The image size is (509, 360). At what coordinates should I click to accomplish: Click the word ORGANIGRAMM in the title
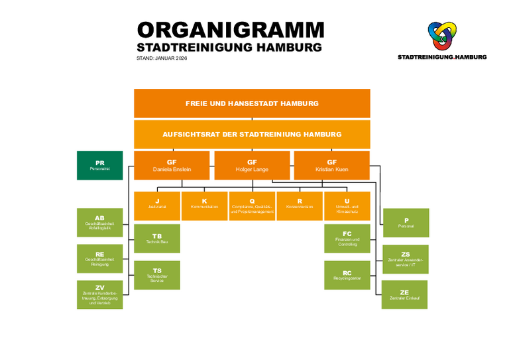click(230, 30)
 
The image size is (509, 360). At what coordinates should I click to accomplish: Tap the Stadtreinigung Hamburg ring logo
click(441, 36)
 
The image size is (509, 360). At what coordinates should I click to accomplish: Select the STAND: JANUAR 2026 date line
click(162, 58)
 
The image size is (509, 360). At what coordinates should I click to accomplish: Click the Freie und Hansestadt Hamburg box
click(252, 103)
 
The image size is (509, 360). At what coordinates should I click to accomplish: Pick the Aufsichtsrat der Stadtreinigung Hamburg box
click(252, 134)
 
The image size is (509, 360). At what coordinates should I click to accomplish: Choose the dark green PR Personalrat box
click(99, 165)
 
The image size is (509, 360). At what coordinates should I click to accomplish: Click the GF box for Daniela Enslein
click(172, 165)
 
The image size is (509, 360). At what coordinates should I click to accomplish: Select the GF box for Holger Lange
click(252, 165)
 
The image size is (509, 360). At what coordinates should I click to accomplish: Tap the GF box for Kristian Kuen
click(331, 165)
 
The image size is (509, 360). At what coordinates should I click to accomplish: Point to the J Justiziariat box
click(157, 206)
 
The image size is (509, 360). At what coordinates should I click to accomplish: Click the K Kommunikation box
click(204, 206)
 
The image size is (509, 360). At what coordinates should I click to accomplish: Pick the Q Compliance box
click(252, 206)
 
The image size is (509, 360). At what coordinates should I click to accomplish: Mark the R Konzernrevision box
click(300, 206)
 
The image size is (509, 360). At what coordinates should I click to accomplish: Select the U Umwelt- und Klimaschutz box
click(347, 206)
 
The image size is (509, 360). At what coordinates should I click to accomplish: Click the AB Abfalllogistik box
click(99, 223)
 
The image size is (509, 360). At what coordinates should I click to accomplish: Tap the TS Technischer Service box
click(157, 274)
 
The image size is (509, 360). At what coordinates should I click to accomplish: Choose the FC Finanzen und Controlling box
click(347, 238)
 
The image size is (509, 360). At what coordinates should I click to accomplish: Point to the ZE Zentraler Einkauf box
click(404, 294)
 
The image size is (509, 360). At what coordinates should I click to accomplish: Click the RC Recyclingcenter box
click(347, 274)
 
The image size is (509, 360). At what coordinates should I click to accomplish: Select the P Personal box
click(406, 223)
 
